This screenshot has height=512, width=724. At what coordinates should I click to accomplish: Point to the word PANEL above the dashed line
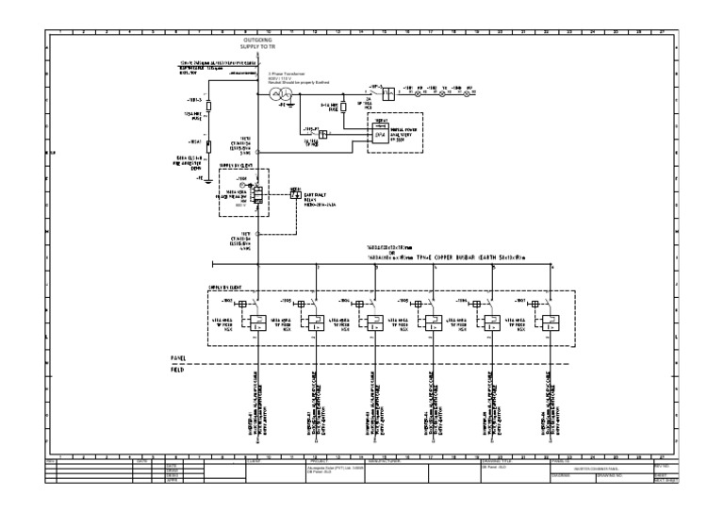click(x=178, y=359)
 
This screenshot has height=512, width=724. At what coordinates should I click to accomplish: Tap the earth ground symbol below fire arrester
click(x=208, y=178)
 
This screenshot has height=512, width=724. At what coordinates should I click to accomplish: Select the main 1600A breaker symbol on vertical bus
click(x=255, y=193)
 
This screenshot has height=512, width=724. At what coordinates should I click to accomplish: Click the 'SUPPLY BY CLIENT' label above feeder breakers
click(x=227, y=286)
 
